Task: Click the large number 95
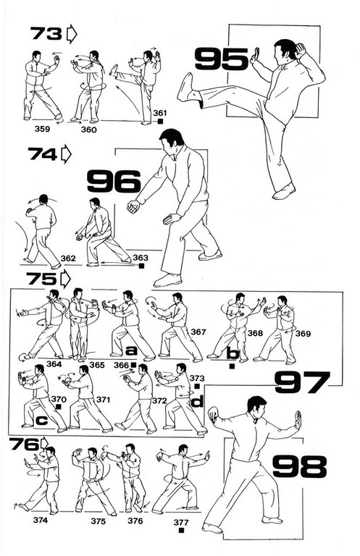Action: pyautogui.click(x=222, y=59)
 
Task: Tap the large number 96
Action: pyautogui.click(x=114, y=181)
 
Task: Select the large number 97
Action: pyautogui.click(x=302, y=382)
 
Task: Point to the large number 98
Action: pyautogui.click(x=300, y=466)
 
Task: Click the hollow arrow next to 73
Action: pyautogui.click(x=71, y=34)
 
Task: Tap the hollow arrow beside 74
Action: pyautogui.click(x=66, y=154)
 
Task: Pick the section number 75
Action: pyautogui.click(x=41, y=279)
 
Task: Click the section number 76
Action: pyautogui.click(x=24, y=444)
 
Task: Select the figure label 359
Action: pyautogui.click(x=42, y=129)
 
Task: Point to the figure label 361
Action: pyautogui.click(x=160, y=113)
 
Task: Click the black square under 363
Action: pyautogui.click(x=141, y=266)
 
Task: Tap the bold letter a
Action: pyautogui.click(x=131, y=351)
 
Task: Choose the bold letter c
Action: pyautogui.click(x=42, y=421)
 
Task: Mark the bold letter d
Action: pyautogui.click(x=198, y=401)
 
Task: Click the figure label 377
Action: pyautogui.click(x=181, y=522)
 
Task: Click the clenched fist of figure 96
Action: pyautogui.click(x=134, y=206)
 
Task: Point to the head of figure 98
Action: pyautogui.click(x=257, y=408)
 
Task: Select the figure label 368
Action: pyautogui.click(x=255, y=333)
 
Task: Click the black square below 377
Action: pyautogui.click(x=182, y=531)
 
